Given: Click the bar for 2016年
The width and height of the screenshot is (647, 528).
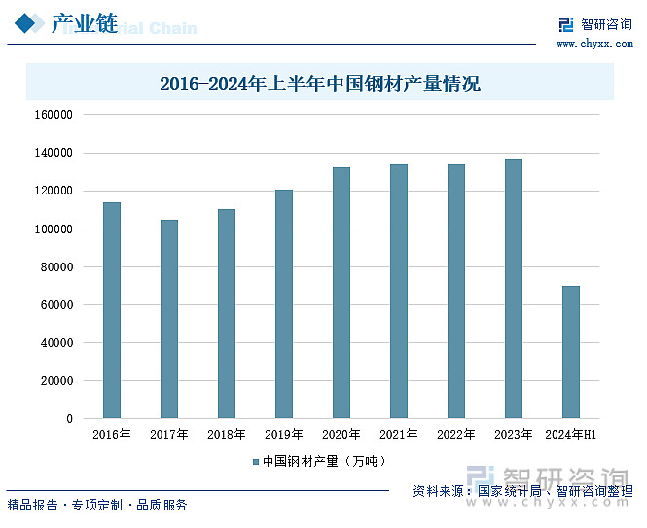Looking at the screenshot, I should (x=112, y=310).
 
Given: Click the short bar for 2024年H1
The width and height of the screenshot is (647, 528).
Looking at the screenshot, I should (x=571, y=352).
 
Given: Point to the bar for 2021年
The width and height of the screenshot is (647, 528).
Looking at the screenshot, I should (x=399, y=292).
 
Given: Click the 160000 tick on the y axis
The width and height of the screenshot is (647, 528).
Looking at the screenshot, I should (x=54, y=115).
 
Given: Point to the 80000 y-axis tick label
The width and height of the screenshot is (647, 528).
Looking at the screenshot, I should (x=56, y=266).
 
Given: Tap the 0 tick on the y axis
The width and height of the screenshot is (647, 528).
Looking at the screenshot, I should (x=69, y=419).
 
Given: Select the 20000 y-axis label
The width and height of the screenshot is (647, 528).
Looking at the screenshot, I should (x=56, y=381).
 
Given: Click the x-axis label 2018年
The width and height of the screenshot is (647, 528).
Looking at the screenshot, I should (x=227, y=435).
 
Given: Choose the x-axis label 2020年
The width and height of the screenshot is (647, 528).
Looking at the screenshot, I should (x=341, y=435).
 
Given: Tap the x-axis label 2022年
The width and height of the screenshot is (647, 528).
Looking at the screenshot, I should (x=456, y=435).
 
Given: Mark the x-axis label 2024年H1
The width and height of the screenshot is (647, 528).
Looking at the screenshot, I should (x=571, y=435).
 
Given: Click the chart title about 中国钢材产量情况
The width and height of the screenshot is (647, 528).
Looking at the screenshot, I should (x=320, y=84).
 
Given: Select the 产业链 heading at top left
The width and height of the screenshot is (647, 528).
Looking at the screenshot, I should (x=84, y=24).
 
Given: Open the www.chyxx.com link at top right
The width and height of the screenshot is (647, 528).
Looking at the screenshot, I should (x=593, y=44).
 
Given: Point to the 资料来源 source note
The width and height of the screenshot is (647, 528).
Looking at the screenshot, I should (x=521, y=491).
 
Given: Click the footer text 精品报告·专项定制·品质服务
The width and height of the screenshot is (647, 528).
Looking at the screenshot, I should (x=97, y=505).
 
